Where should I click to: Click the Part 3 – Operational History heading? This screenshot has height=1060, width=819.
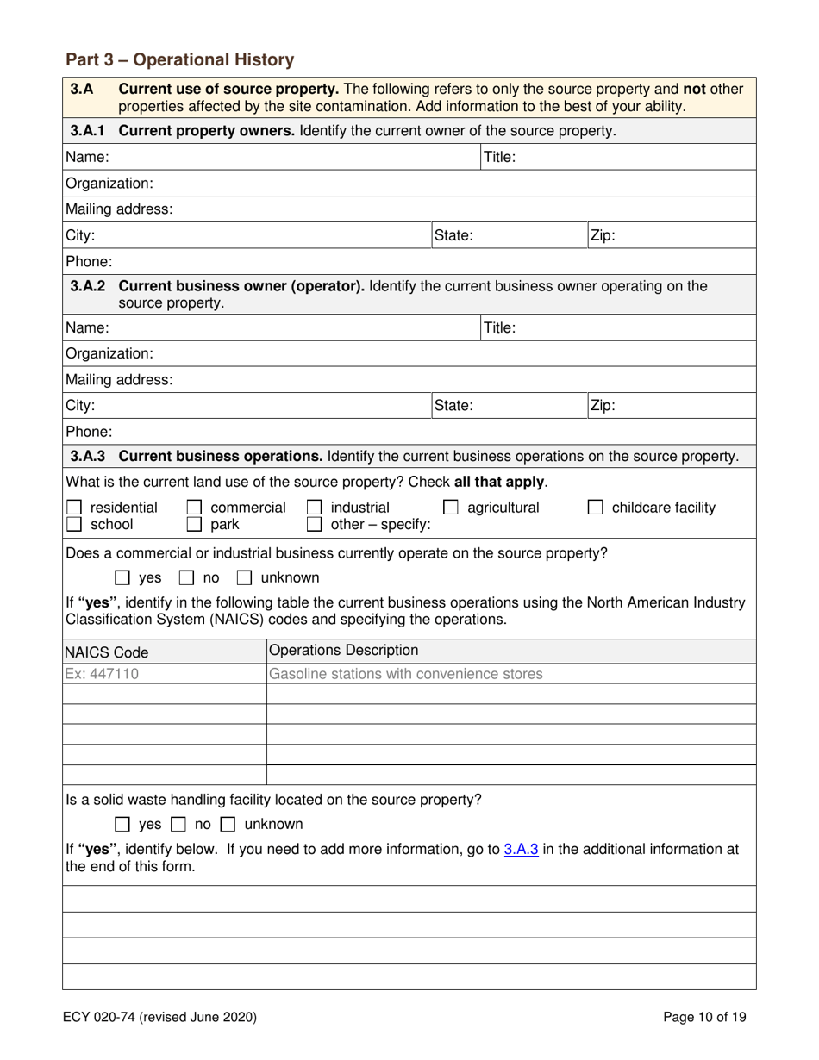pos(179,60)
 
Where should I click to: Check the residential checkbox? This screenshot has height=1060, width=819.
pos(75,508)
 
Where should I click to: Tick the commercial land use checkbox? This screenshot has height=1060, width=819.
pos(196,508)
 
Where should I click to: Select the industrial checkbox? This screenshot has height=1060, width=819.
pos(316,508)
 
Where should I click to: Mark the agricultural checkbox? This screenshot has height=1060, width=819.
pos(450,508)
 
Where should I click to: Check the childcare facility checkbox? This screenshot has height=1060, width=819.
pos(596,508)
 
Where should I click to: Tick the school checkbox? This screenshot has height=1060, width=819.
pos(75,524)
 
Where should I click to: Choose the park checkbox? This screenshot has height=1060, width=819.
pos(196,524)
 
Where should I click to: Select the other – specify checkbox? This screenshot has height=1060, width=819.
pos(316,524)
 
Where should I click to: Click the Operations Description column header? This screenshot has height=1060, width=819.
pos(344,650)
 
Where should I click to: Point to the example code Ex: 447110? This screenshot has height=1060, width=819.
pos(103,673)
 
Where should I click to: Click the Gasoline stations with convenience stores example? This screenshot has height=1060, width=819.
pos(406,673)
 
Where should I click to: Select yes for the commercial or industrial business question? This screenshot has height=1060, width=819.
pos(123,577)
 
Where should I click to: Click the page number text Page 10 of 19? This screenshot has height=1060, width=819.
pos(704,1017)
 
